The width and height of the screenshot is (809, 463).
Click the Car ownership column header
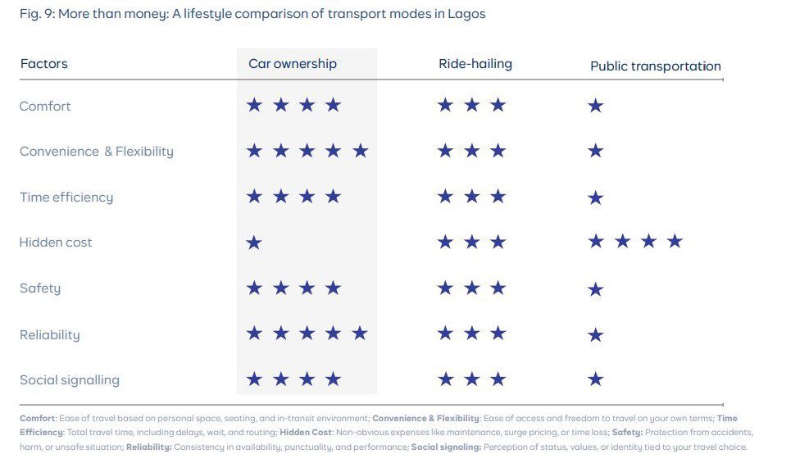[x=293, y=64]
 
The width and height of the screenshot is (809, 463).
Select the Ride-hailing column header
[x=475, y=64]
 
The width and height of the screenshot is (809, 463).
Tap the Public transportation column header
[x=656, y=66]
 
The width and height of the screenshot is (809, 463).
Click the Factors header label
[x=43, y=64]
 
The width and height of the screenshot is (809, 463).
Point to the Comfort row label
[x=45, y=107]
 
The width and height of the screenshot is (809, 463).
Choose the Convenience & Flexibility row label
[x=97, y=152]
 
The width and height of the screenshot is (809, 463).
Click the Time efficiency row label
[x=66, y=197]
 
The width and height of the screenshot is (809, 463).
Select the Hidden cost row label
[x=56, y=243]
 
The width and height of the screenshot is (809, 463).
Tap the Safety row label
[x=40, y=288]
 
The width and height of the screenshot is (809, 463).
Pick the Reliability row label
[x=50, y=334]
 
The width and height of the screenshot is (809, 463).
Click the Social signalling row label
[x=70, y=380]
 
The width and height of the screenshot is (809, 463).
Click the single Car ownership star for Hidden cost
[x=254, y=243]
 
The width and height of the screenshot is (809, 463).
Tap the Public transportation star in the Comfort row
[x=596, y=106]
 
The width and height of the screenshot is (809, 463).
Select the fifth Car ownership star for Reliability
[x=359, y=334]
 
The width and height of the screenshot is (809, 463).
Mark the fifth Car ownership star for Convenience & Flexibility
[x=360, y=151]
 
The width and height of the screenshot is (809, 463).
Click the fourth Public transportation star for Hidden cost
[x=675, y=241]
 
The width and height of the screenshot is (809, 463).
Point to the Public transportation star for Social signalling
[x=596, y=379]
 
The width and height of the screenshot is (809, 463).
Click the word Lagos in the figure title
[x=467, y=15]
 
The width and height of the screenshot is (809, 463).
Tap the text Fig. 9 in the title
[x=34, y=15]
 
